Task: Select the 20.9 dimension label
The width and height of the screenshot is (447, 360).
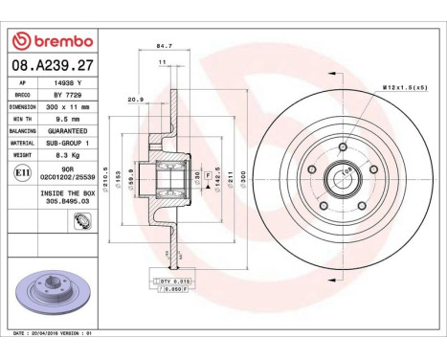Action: [135, 99]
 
